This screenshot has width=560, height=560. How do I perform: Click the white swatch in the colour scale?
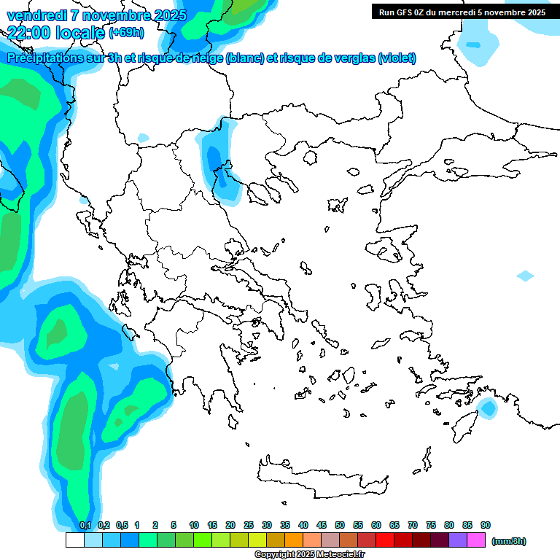click(x=75, y=540)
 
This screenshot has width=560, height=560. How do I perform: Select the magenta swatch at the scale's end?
click(x=476, y=540)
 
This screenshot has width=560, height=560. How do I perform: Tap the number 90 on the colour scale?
click(x=486, y=525)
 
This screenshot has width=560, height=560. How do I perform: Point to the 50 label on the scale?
click(x=340, y=525)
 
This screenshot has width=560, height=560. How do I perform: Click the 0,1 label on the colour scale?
click(x=85, y=525)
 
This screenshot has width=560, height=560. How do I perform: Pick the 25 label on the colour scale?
click(x=249, y=525)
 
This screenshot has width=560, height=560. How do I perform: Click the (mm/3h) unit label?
click(x=509, y=541)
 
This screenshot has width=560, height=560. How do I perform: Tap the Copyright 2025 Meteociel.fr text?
click(x=310, y=555)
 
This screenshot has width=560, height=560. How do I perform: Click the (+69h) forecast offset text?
click(x=126, y=32)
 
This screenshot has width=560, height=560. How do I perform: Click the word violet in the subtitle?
click(x=397, y=58)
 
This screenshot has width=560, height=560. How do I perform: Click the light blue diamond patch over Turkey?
click(x=525, y=276)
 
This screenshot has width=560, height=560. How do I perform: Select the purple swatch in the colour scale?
click(x=458, y=540)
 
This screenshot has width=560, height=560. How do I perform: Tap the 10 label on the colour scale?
click(x=194, y=525)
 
